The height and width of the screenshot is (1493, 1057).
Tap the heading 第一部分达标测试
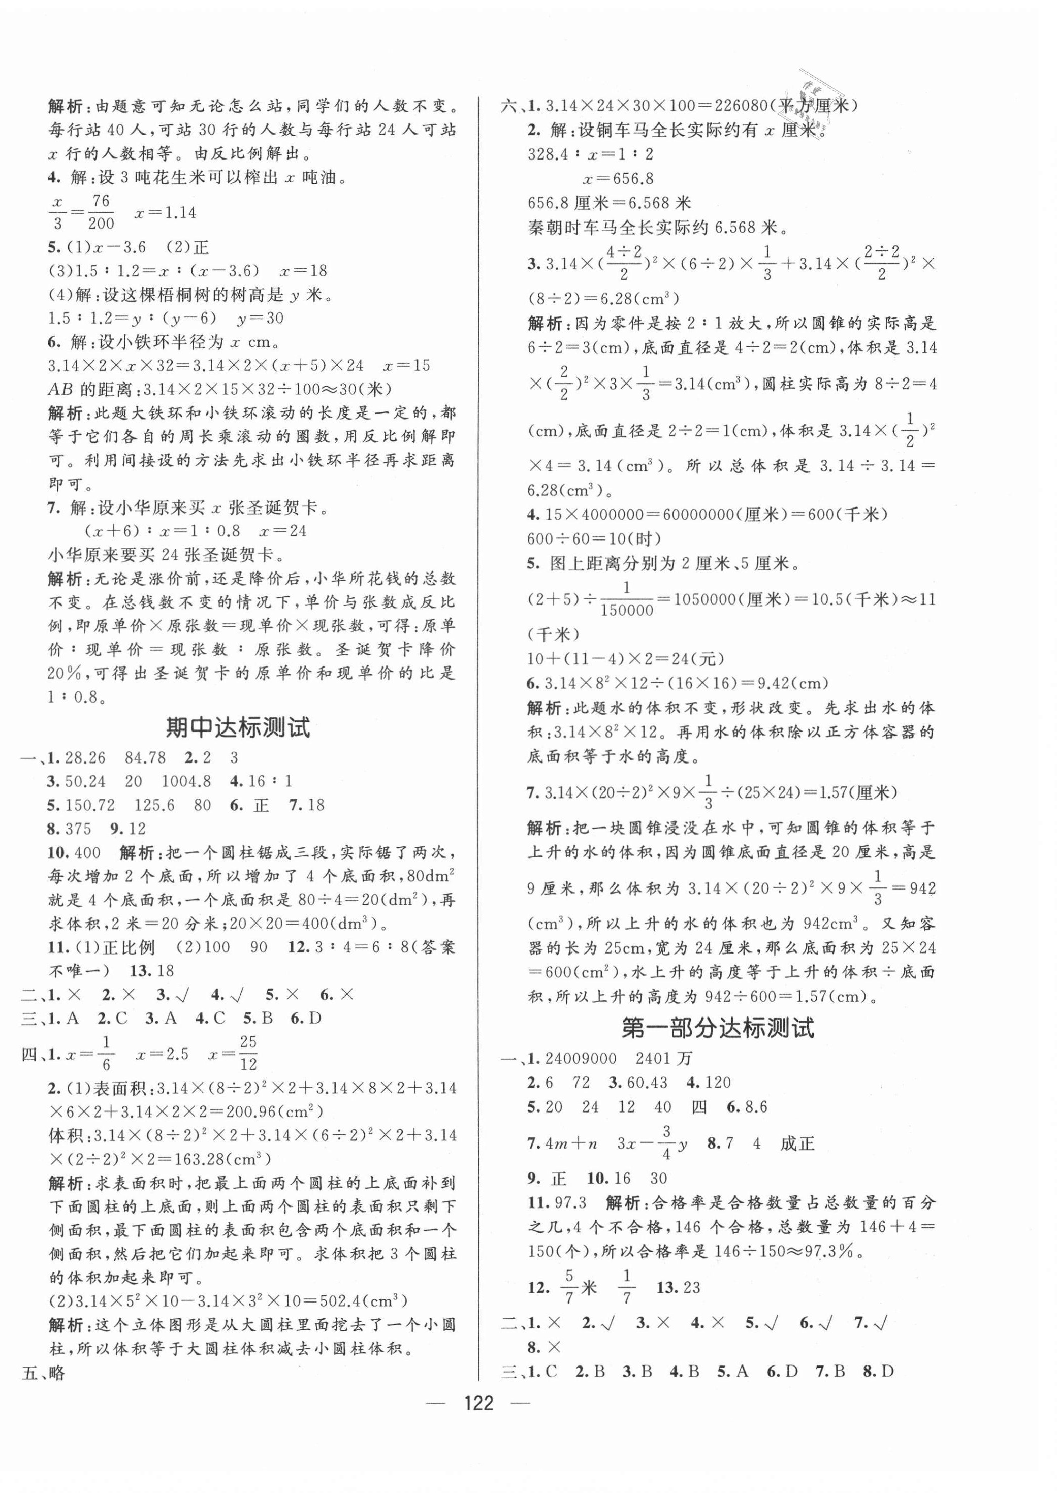717,1028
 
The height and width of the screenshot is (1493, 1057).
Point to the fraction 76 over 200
101,212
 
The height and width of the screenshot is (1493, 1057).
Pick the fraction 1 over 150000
627,599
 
